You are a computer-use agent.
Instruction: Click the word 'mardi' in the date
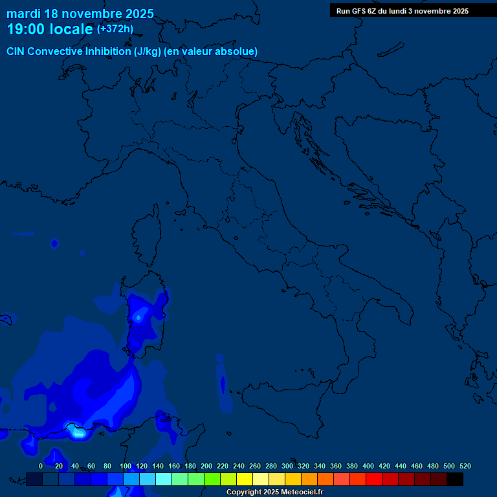(x=23, y=14)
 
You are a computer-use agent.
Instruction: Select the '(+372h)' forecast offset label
(x=115, y=29)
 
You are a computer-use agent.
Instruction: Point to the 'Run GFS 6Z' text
(x=357, y=11)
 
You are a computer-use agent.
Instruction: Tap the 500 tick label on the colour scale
(x=448, y=466)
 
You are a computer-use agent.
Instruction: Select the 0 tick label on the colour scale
(x=41, y=466)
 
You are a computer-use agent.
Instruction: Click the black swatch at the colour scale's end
(x=455, y=480)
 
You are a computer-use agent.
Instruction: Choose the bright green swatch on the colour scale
(x=212, y=480)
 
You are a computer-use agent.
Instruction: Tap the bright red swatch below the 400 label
(x=374, y=480)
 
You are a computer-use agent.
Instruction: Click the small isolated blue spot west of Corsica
(x=54, y=243)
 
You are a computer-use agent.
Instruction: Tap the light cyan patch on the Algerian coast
(x=77, y=432)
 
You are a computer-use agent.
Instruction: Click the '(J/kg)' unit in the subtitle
(x=148, y=52)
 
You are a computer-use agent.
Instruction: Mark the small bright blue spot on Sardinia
(x=138, y=318)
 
